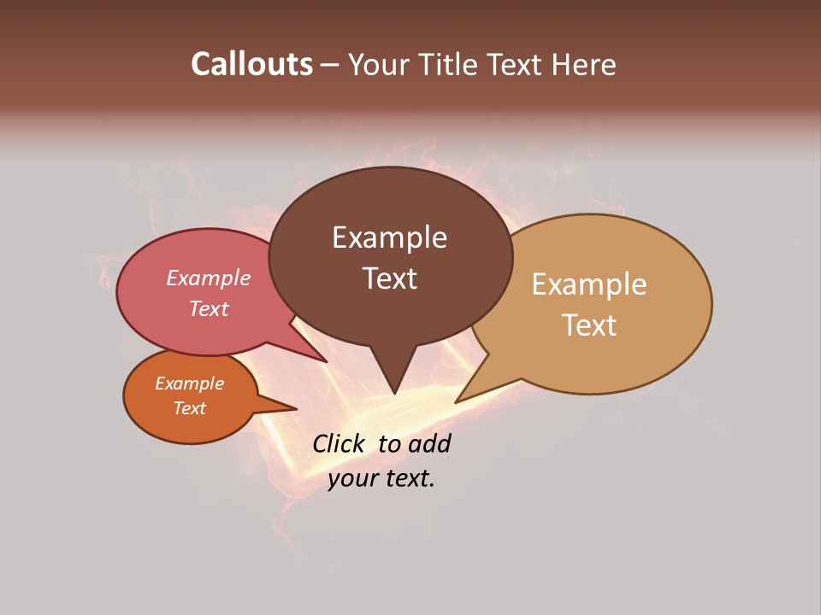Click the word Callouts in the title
(251, 64)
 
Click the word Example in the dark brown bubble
(389, 237)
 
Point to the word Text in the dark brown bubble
(389, 278)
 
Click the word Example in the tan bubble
(589, 284)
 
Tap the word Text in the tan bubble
(589, 325)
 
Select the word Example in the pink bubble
(209, 278)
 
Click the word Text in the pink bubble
(209, 308)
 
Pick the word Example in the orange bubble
(190, 384)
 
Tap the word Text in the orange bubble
(190, 408)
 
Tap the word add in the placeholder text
(429, 444)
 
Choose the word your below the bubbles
(351, 478)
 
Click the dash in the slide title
(331, 65)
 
